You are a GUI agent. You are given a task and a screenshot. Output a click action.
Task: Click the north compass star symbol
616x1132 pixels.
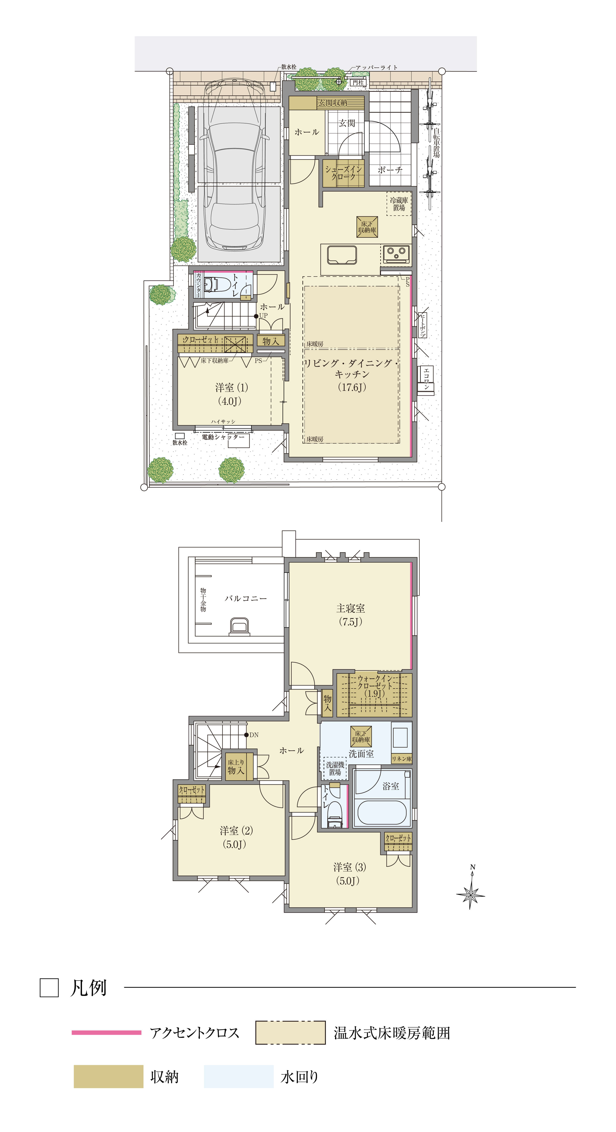click(471, 893)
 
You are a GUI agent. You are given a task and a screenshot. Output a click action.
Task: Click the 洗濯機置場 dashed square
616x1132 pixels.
click(335, 768)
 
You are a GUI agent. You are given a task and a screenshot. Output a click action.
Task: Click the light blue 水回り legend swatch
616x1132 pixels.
click(239, 1077)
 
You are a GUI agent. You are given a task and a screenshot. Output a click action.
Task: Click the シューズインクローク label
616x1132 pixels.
click(343, 173)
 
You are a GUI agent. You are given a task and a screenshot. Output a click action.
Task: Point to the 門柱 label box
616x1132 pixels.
click(358, 82)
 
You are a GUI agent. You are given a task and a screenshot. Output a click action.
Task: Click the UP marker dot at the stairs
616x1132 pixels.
click(256, 316)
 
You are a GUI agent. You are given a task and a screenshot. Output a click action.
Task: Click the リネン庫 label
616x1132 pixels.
click(401, 759)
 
